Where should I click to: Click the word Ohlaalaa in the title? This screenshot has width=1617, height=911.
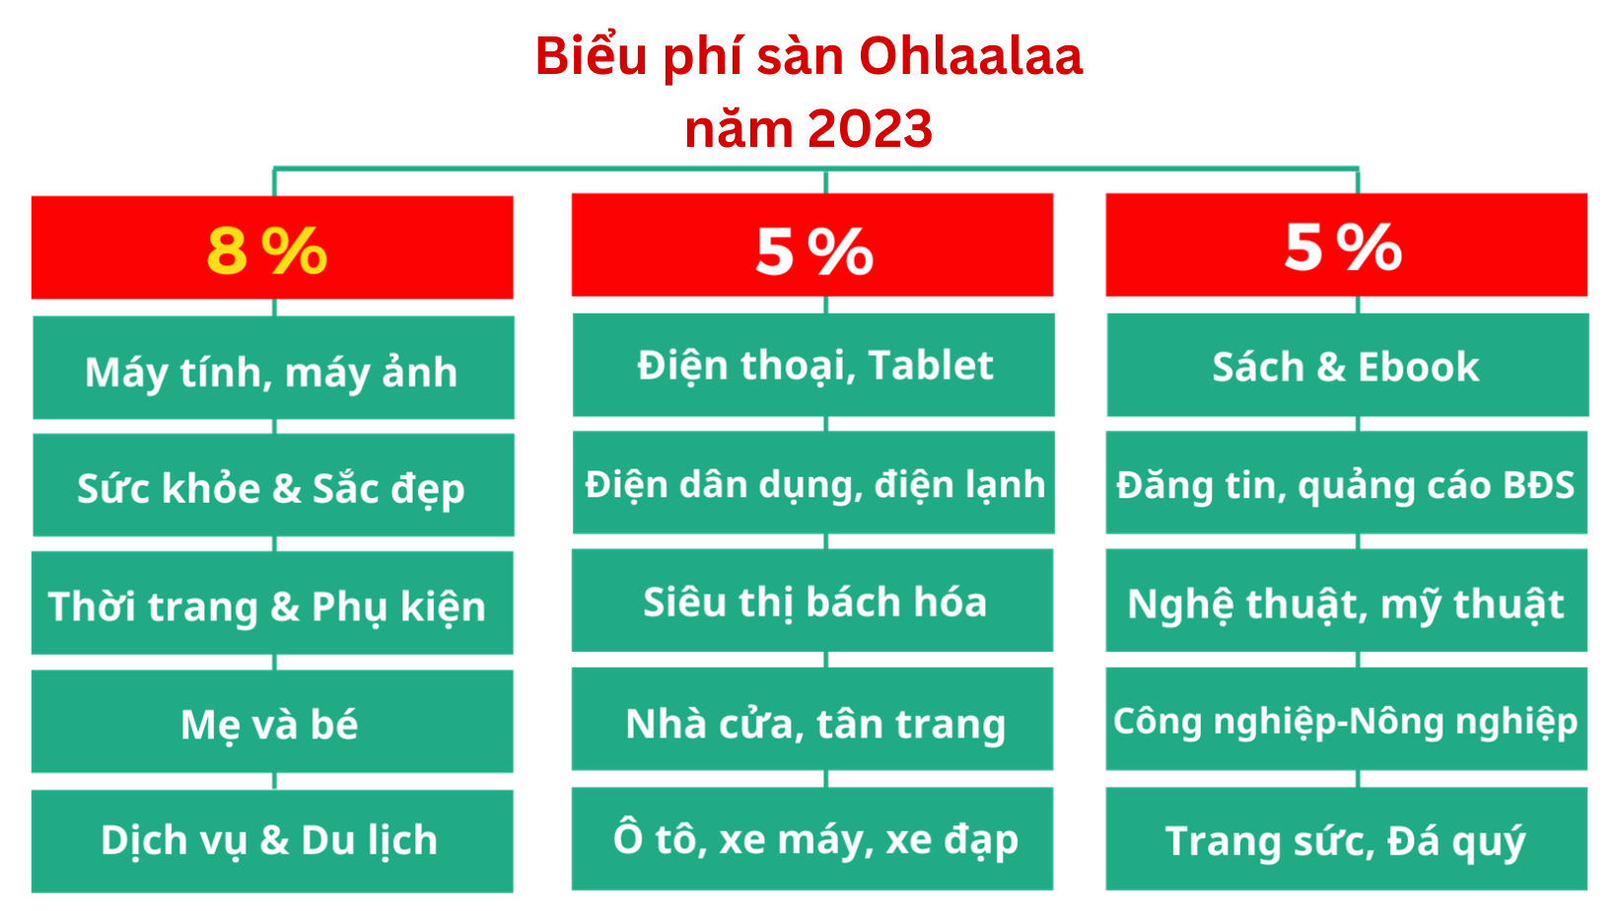click(971, 56)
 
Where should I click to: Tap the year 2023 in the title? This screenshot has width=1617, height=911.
click(870, 128)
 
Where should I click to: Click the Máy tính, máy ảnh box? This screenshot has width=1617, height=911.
click(273, 368)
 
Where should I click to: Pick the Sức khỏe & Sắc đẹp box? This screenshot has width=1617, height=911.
click(273, 485)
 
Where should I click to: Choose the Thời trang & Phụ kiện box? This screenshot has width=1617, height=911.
click(272, 602)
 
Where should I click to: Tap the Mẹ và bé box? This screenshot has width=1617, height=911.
click(272, 721)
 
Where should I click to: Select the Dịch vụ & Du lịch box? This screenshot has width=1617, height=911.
click(272, 841)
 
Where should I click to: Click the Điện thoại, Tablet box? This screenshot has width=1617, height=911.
click(813, 365)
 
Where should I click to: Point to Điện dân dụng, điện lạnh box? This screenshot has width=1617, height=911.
click(813, 482)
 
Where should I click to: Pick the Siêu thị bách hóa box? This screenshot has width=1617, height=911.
click(812, 599)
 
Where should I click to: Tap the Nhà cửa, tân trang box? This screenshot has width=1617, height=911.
click(812, 719)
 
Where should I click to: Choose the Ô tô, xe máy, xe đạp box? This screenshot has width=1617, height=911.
click(812, 839)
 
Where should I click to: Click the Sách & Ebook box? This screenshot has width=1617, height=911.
click(1348, 365)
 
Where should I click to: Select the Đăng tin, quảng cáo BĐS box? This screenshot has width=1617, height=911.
click(1347, 482)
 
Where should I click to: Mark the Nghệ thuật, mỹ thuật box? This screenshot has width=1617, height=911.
click(1347, 599)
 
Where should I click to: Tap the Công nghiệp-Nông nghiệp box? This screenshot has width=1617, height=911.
click(1347, 719)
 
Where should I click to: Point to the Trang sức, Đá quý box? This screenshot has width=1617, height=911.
click(1347, 839)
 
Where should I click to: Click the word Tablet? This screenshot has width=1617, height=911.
click(931, 365)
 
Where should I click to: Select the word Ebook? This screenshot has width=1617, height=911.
click(1419, 368)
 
